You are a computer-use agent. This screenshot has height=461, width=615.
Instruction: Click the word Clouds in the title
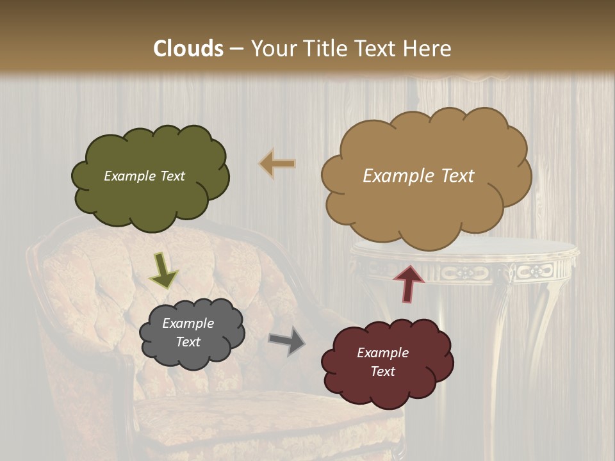[188, 49]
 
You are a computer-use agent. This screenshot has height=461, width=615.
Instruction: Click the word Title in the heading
[327, 49]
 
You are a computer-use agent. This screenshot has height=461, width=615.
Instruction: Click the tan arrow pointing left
[278, 164]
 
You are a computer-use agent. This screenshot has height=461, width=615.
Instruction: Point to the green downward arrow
[163, 270]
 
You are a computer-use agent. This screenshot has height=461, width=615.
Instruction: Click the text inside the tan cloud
[418, 176]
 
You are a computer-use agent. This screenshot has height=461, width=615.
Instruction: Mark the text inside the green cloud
[144, 176]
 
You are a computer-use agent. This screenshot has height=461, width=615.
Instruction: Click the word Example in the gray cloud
[188, 323]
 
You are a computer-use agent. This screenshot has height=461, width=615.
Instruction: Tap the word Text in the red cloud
[382, 371]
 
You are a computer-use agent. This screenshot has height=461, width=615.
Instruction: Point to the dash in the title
[236, 49]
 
